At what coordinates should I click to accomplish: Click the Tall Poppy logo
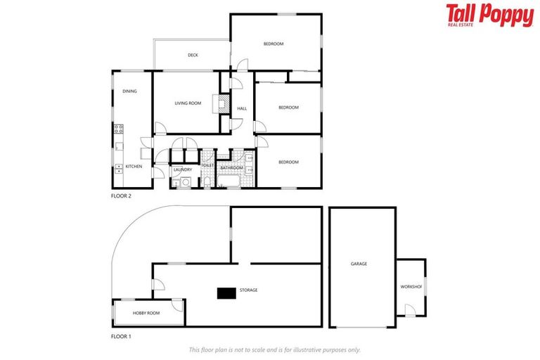coord(489,15)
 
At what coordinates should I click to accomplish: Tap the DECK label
coord(193,56)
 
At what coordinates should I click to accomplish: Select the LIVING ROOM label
coord(188,103)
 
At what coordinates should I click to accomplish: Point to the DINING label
coord(129,91)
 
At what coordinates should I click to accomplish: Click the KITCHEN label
coord(134,167)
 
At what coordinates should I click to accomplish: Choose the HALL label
coord(242,108)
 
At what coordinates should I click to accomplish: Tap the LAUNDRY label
coord(183,169)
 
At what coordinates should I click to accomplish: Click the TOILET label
coord(208,165)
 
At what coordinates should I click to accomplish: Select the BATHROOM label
coord(231,169)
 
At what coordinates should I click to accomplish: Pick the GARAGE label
coord(359,264)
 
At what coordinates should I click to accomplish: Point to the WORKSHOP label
coord(411,287)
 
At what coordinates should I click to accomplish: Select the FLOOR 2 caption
coord(121,196)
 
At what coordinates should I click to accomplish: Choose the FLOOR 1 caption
coord(121,337)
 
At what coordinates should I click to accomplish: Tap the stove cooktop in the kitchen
coord(119,129)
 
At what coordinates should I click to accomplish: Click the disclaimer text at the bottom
coord(275,349)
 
